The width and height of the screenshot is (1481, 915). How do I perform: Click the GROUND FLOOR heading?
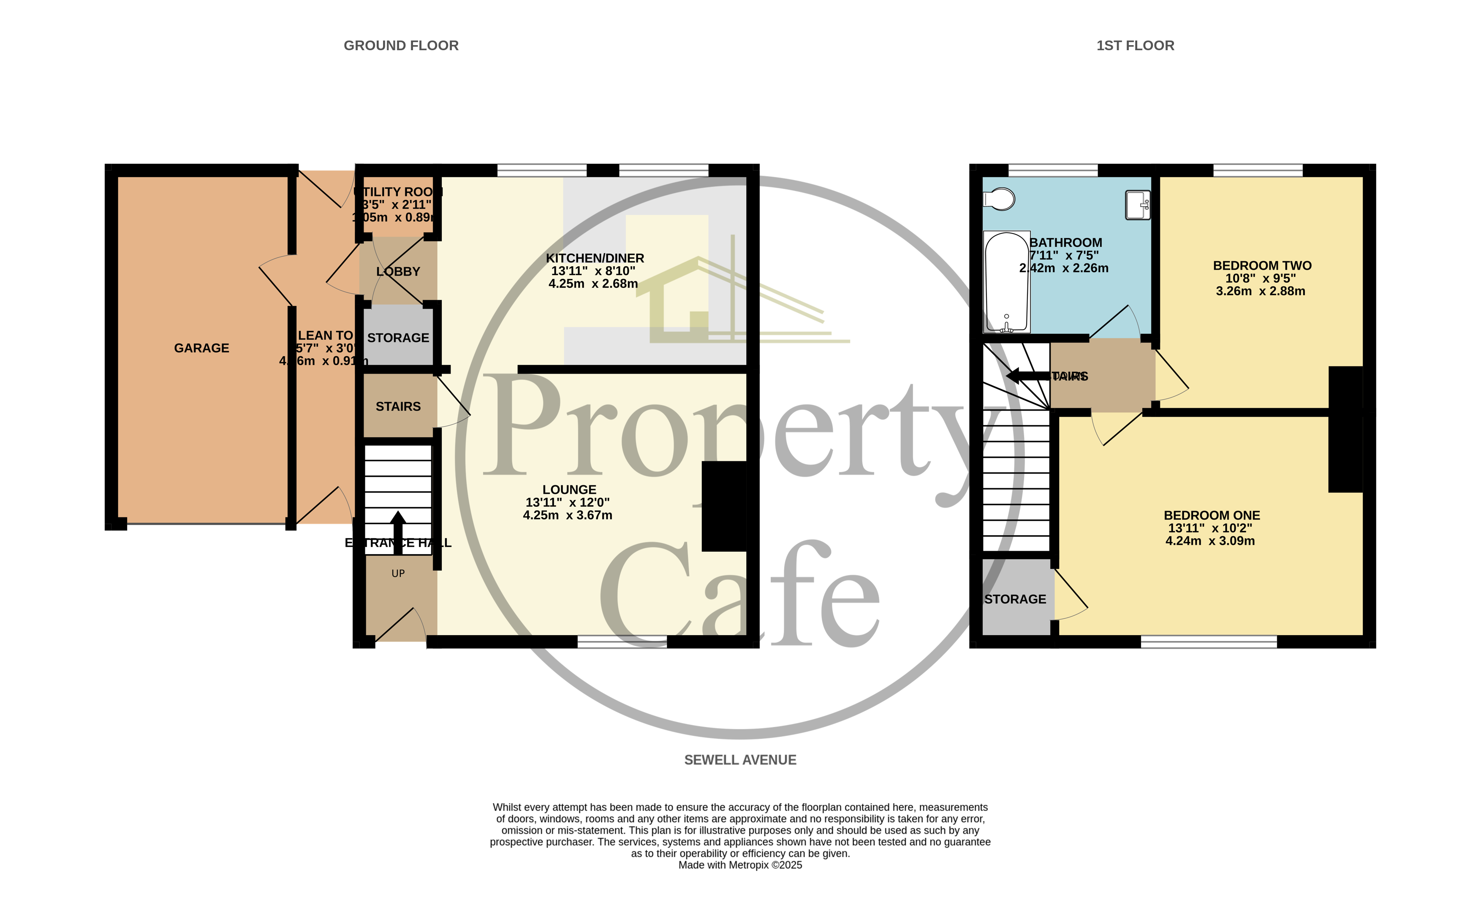[401, 46]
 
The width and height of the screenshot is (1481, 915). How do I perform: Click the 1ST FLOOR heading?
[1135, 46]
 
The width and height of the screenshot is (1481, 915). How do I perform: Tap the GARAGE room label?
[201, 348]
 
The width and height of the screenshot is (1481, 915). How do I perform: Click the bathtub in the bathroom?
[1007, 282]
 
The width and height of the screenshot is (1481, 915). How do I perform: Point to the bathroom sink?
[1137, 205]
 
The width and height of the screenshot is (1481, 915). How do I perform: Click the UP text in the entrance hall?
[398, 573]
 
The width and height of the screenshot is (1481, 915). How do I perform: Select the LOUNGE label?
[569, 490]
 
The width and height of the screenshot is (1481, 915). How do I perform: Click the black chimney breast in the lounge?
[723, 506]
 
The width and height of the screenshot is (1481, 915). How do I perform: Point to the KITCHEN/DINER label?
[595, 258]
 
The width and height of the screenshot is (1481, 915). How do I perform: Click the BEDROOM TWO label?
[1262, 265]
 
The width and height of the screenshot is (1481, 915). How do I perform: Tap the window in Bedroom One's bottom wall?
[1209, 642]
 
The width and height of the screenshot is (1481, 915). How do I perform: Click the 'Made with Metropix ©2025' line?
[740, 865]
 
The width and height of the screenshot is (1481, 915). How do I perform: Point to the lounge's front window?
[622, 642]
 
